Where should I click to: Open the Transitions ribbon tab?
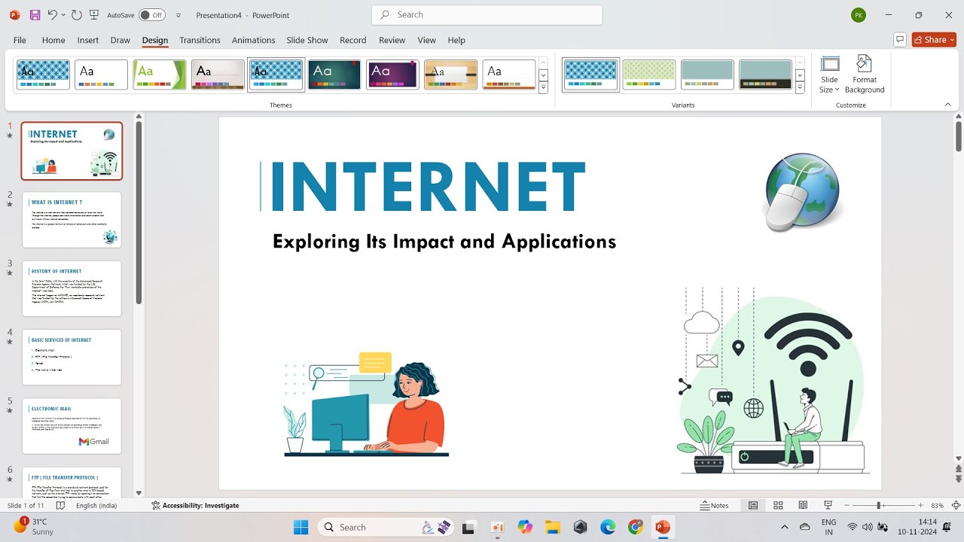200,40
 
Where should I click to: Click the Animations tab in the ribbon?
253,40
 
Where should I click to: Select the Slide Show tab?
307,40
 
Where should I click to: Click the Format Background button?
864,75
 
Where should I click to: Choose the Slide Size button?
829,75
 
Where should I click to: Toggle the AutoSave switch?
152,15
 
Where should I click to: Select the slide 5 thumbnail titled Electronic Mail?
72,426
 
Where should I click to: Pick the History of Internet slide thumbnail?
72,288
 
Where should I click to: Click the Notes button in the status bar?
714,505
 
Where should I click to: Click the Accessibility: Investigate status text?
195,505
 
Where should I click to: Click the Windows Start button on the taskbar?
300,527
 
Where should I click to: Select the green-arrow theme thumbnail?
160,75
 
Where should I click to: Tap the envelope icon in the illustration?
707,361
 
